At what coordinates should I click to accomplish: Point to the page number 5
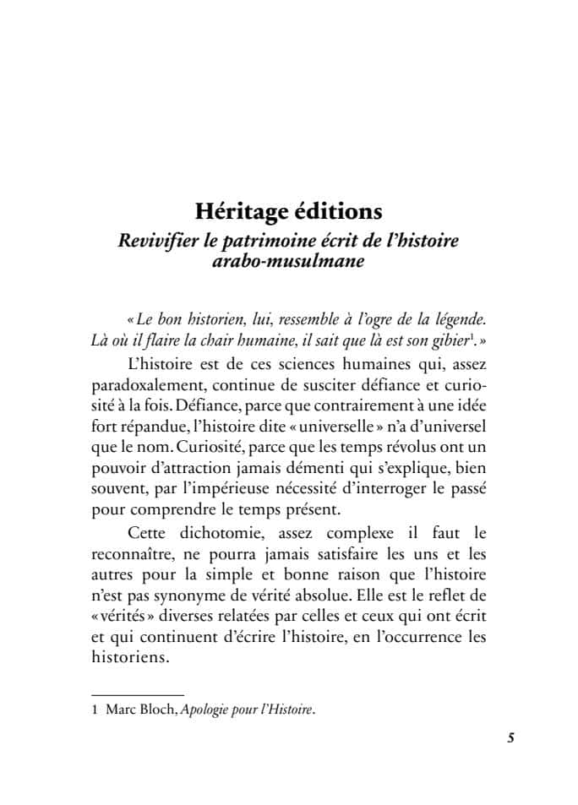510,737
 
